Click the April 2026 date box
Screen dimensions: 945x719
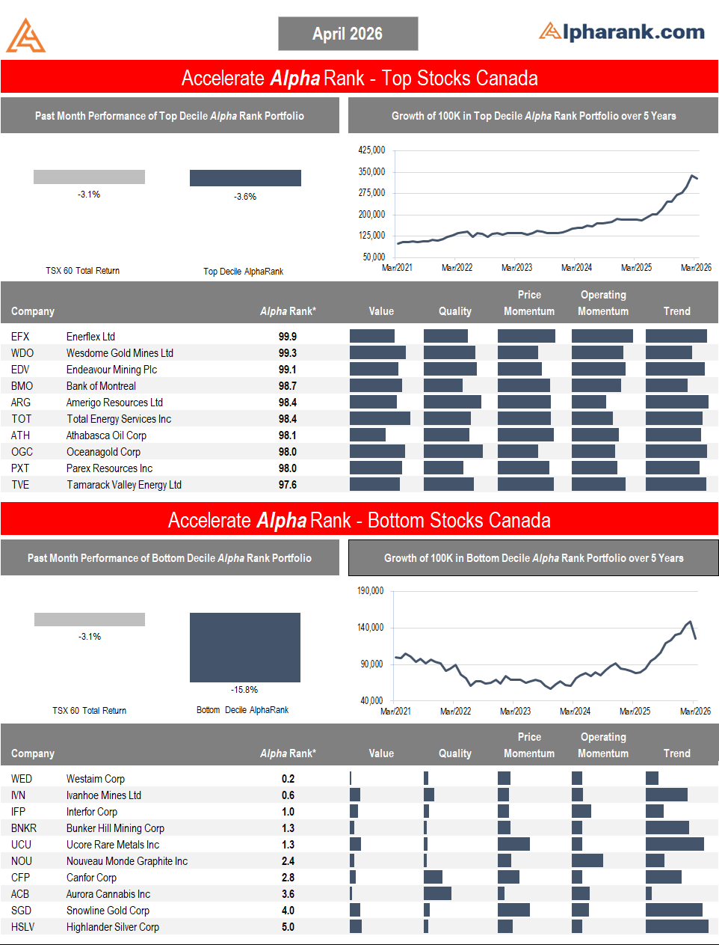tap(348, 34)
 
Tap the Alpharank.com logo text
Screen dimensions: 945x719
tap(622, 31)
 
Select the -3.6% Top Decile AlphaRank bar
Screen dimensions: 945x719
tap(245, 178)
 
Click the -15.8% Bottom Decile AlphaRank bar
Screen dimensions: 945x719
tap(245, 647)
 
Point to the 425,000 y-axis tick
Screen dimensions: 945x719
tap(371, 150)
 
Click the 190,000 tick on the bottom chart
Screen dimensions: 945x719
tap(370, 591)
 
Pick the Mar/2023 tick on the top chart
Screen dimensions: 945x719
tap(516, 268)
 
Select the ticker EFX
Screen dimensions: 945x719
tap(20, 337)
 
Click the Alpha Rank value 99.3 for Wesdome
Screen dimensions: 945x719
tap(288, 353)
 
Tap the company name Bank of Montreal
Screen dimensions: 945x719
tap(101, 386)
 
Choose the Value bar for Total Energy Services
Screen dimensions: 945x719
tap(380, 418)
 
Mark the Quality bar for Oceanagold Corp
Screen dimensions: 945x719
tap(453, 451)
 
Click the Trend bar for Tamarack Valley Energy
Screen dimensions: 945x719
tap(676, 484)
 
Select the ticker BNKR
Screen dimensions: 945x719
tap(24, 828)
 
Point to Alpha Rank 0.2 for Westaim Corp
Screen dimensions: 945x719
tap(288, 779)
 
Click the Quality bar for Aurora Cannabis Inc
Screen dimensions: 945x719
tap(437, 893)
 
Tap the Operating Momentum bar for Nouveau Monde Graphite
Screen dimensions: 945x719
tap(587, 860)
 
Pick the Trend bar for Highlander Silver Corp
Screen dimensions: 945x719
tap(676, 926)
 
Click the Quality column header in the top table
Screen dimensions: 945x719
tap(454, 311)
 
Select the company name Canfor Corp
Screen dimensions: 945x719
tap(91, 878)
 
